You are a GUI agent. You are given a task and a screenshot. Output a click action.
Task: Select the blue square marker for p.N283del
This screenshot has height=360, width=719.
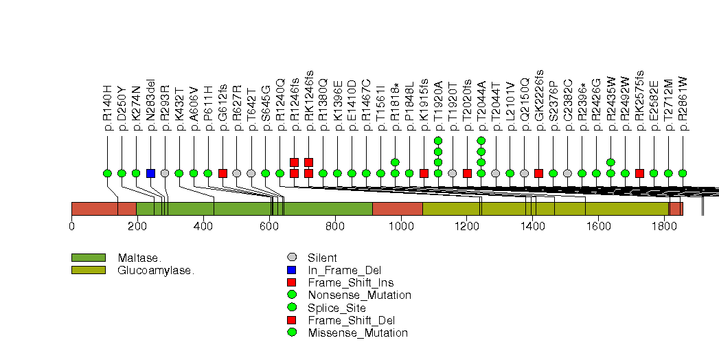click(150, 173)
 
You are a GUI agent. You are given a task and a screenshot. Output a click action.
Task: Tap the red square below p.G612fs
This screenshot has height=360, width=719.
click(222, 173)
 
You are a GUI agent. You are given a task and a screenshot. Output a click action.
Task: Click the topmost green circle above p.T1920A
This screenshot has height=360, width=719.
click(438, 141)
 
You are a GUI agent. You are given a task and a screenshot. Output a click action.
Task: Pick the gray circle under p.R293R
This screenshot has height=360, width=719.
click(165, 173)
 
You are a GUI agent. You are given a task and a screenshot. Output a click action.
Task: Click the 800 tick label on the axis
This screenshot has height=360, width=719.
click(334, 225)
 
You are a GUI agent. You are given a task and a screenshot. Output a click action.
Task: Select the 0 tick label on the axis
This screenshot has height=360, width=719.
click(71, 225)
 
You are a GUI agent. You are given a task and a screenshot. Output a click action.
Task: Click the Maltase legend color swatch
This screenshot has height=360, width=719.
click(88, 258)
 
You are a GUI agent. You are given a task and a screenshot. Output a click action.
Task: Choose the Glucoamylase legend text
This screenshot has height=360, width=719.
click(156, 270)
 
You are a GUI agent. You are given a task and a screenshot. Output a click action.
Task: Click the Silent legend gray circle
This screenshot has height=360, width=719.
click(292, 258)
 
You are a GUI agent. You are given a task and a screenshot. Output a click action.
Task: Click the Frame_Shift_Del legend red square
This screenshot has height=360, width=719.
click(292, 320)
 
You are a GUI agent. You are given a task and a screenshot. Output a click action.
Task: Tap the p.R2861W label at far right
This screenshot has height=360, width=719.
click(683, 104)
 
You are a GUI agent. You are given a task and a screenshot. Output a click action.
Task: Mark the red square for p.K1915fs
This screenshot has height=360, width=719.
click(424, 173)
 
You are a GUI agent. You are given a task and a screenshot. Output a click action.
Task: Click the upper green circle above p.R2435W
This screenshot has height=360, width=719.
click(610, 162)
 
